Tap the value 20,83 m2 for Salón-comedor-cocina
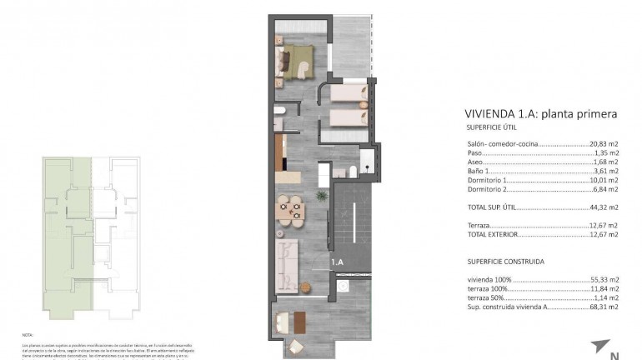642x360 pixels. coord(604,144)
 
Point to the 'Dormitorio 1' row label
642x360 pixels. coord(487,180)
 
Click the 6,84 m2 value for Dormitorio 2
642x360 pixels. coord(605,189)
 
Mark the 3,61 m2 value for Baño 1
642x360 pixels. coord(605,171)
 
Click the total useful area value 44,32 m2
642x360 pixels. coord(604,207)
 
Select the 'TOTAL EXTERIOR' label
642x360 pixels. coord(492,234)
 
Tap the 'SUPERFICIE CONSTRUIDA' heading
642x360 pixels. coord(505,261)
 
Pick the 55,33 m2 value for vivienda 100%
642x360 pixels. coord(604,279)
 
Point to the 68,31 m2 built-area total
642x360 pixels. coord(604,307)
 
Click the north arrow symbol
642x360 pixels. coord(602,346)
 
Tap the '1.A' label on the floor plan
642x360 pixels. coord(338,262)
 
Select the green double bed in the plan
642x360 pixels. coord(298,62)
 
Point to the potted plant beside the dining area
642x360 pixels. coord(320,196)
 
